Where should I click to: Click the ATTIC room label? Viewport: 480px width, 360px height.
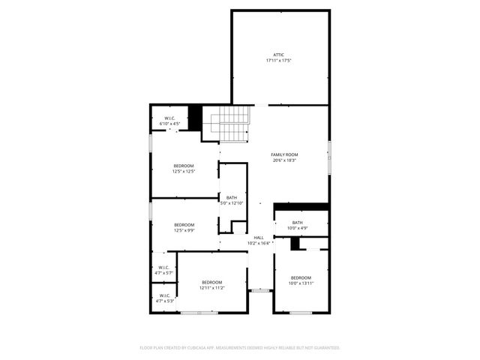coord(278,55)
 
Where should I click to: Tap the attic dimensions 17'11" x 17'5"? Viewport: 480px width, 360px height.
coord(278,60)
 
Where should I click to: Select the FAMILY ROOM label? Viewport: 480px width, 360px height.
coord(284,154)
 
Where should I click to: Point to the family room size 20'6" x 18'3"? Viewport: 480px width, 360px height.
coord(284,160)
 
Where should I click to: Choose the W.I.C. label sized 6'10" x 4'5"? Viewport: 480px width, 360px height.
coord(169,118)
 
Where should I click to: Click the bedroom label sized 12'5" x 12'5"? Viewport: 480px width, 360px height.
coord(184,166)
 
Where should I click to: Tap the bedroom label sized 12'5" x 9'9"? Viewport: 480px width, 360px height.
coord(184,225)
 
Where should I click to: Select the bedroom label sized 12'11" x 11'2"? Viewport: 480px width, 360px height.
coord(211,282)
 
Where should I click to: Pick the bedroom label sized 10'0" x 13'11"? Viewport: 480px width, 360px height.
coord(301,277)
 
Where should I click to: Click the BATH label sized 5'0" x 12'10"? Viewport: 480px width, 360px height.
coord(231,198)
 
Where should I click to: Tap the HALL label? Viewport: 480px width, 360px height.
coord(258,238)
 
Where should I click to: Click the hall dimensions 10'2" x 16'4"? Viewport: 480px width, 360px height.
coord(258,243)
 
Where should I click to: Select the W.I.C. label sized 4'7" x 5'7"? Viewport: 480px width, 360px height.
coord(163,268)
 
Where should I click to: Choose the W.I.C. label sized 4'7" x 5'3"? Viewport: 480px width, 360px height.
coord(163,295)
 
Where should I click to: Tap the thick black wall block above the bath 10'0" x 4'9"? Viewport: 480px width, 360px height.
coord(301,207)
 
